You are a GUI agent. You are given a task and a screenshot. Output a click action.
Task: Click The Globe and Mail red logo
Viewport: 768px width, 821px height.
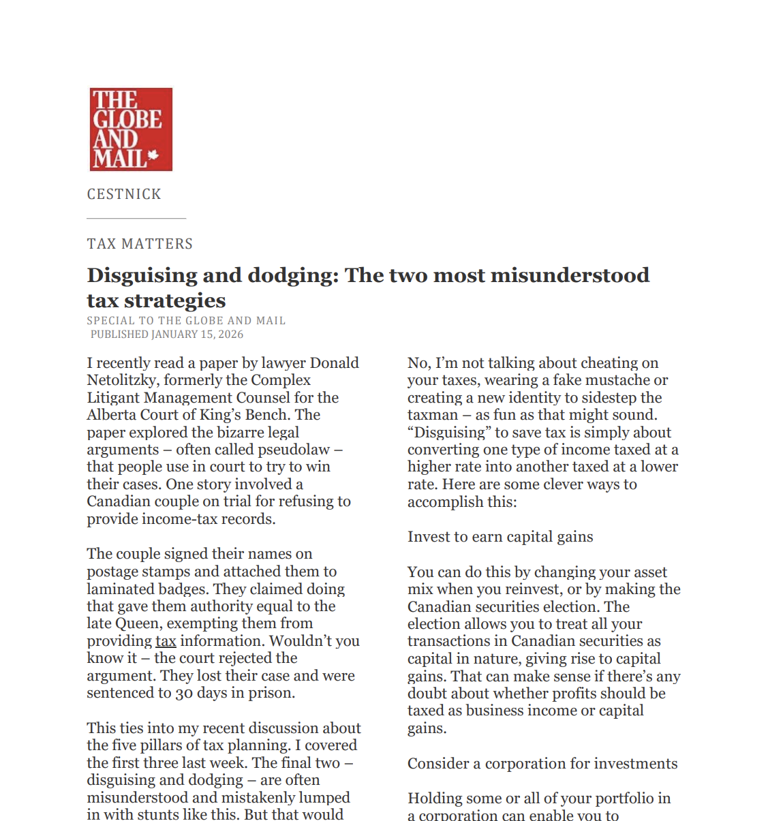(131, 129)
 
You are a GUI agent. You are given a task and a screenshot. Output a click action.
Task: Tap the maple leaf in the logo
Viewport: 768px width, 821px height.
(153, 155)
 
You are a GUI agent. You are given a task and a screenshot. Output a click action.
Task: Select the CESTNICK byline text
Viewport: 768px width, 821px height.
(124, 194)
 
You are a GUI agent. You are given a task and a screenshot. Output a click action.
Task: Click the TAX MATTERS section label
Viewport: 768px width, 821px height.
(140, 244)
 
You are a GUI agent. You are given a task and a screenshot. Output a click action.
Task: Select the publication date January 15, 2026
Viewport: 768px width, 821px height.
(197, 334)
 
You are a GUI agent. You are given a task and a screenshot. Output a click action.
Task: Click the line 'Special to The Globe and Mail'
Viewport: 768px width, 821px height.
(186, 320)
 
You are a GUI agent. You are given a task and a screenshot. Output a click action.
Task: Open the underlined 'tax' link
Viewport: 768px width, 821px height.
(166, 641)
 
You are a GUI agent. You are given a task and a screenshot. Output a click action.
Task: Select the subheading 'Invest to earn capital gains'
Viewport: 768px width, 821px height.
(500, 537)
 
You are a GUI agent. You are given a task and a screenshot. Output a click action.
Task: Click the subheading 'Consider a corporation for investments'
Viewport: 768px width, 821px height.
(542, 764)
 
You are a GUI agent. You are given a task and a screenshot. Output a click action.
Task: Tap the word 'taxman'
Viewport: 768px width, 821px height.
(433, 415)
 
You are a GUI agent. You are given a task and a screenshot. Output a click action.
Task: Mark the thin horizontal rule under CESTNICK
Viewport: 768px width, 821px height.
(136, 218)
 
